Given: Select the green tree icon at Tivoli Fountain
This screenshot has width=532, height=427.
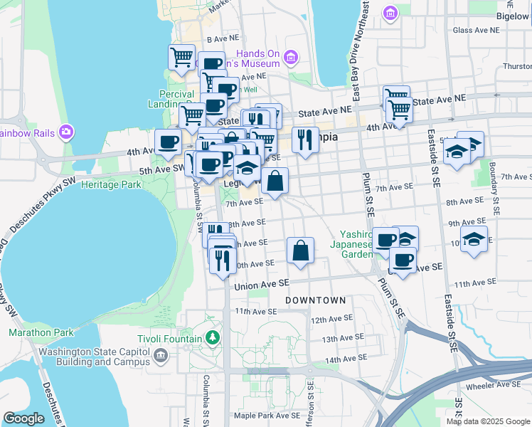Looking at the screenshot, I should (211, 336).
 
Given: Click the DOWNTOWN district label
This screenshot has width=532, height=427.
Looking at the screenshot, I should (315, 301).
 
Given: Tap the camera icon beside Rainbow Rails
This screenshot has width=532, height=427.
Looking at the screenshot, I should (66, 131).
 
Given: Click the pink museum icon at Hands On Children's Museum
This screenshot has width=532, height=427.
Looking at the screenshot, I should (289, 57).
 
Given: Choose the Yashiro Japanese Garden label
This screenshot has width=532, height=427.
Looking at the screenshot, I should (356, 244).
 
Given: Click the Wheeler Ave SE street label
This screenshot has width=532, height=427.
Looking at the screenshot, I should (492, 386).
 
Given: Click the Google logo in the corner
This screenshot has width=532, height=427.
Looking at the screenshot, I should (23, 418).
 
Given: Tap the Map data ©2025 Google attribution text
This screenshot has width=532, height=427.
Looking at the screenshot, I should (487, 421).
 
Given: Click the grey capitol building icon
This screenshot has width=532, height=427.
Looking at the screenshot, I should (161, 355).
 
